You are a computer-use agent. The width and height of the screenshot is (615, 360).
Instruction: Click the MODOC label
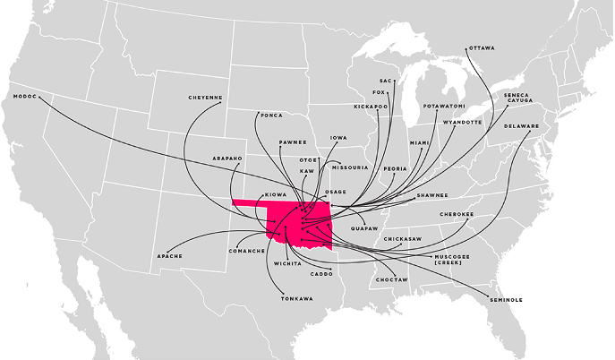[24, 96]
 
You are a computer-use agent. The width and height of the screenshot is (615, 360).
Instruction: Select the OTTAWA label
[481, 47]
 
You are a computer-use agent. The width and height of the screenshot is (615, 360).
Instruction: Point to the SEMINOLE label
[506, 299]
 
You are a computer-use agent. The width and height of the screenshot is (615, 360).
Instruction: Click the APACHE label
[170, 256]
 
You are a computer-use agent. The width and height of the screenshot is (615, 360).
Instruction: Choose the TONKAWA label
[296, 297]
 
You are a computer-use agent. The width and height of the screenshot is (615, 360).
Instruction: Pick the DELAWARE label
[521, 126]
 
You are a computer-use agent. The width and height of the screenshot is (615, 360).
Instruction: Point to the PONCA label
[271, 115]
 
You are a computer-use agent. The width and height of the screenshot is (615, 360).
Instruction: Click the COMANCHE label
[247, 252]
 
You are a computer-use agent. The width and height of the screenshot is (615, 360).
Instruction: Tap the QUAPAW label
[364, 227]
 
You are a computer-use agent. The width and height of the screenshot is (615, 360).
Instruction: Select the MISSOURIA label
[349, 167]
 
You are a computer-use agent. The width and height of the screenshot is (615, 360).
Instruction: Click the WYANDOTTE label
[462, 122]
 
